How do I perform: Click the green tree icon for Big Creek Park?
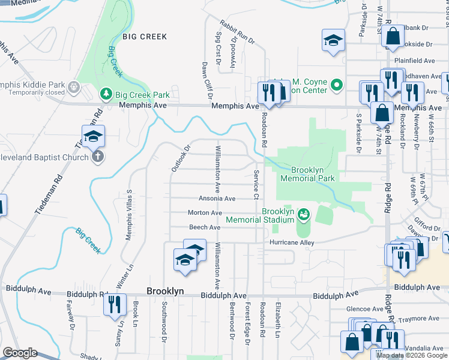[x=106, y=94]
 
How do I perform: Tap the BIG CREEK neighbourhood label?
[x=145, y=37]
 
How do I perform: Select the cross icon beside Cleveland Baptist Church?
[x=98, y=156]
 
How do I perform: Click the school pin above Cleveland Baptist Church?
[x=93, y=138]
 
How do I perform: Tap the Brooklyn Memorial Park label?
[x=308, y=173]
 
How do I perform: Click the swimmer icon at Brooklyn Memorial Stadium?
[x=305, y=213]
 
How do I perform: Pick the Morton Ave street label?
[x=205, y=213]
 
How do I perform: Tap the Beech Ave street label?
[x=205, y=227]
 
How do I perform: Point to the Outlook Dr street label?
[x=180, y=158]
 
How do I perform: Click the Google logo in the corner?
[x=19, y=353]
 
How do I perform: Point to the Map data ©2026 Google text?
[x=412, y=355]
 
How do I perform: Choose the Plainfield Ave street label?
[x=413, y=61]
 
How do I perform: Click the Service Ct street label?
[x=256, y=185]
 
